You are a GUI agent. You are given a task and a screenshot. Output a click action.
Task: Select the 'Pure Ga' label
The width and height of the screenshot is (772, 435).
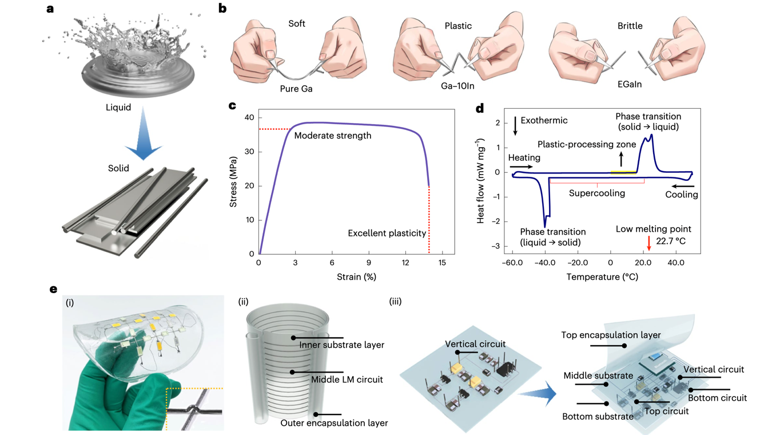296,89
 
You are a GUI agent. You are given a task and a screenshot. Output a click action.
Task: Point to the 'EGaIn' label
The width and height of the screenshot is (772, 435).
629,84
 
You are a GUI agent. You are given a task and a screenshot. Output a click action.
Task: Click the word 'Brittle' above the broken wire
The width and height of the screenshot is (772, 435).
630,26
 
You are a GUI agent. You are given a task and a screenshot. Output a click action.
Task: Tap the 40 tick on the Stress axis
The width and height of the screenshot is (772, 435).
249,118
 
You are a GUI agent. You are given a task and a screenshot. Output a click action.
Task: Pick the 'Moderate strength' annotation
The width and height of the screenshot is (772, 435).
333,136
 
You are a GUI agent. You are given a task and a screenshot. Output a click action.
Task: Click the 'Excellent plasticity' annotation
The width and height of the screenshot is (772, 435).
387,233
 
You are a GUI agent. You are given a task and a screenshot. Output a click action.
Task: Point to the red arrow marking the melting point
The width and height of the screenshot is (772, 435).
648,243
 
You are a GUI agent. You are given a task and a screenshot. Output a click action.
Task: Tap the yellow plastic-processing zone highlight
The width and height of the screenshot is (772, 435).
622,171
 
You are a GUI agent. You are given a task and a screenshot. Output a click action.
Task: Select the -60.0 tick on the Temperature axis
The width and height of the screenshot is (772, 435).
512,263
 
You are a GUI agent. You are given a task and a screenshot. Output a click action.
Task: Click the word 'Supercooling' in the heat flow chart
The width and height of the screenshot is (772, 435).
596,193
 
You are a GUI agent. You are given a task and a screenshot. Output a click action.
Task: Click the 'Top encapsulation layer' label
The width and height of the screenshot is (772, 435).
611,335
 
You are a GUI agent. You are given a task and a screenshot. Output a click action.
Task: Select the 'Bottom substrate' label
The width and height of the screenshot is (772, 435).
598,416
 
